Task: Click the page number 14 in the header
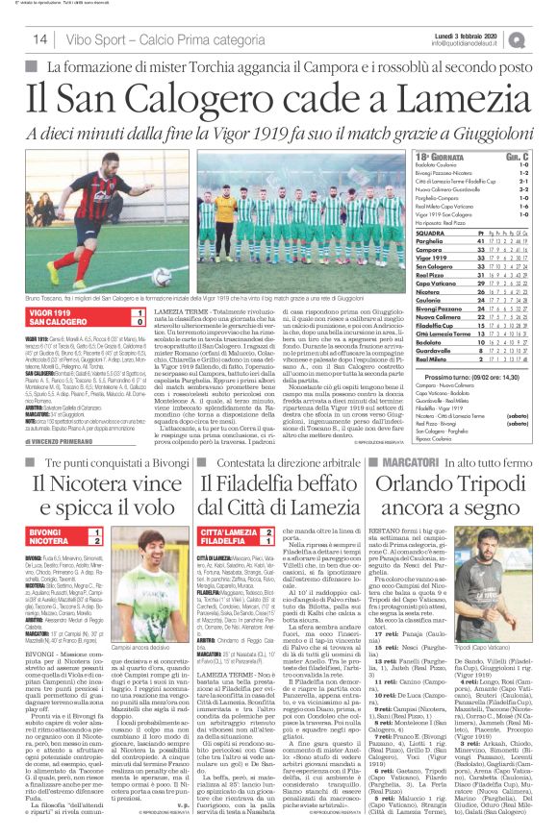[40, 38]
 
